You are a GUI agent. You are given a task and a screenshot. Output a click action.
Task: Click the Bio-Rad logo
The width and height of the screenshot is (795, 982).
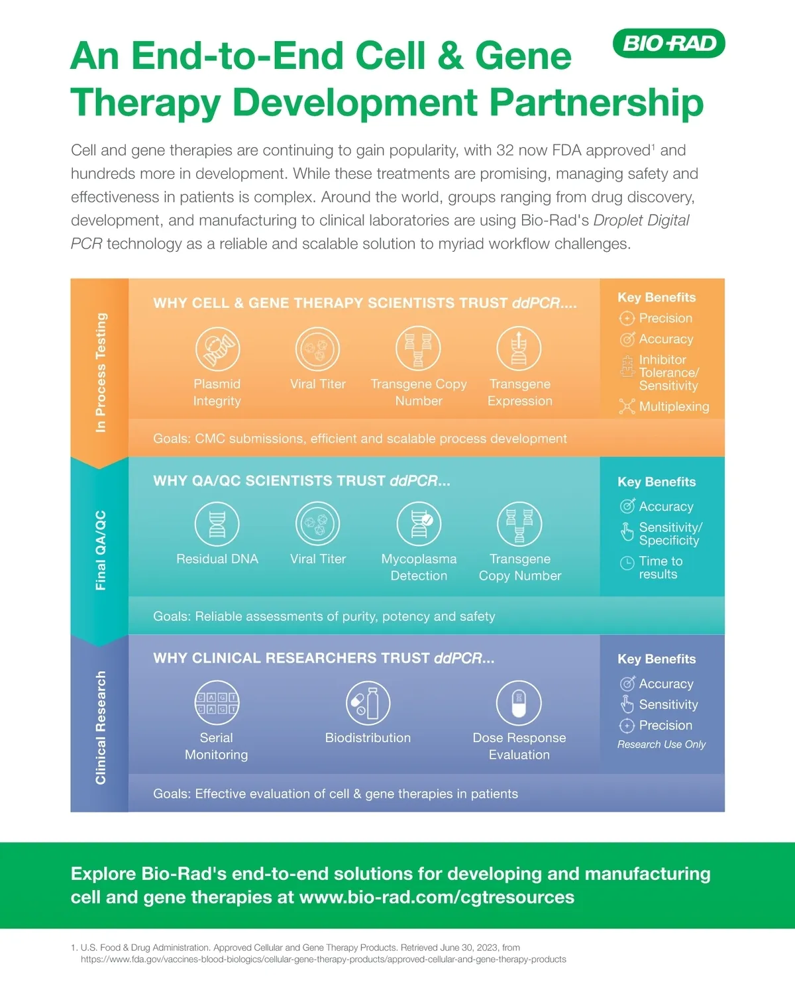[x=669, y=44]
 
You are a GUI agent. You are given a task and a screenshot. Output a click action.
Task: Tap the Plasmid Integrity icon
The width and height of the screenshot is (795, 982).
[x=217, y=349]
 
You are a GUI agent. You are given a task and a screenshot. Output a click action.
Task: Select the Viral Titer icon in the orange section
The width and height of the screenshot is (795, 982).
[x=318, y=349]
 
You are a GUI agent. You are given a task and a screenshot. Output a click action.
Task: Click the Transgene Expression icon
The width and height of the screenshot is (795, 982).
[x=519, y=349]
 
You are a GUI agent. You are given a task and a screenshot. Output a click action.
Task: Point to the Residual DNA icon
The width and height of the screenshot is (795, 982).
[x=217, y=523]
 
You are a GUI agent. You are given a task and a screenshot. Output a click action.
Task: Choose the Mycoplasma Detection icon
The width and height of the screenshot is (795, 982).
[x=419, y=523]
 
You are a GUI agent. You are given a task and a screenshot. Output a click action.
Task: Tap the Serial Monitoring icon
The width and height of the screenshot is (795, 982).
[x=217, y=702]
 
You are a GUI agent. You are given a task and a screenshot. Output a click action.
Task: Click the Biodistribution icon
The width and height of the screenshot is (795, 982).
[x=368, y=702]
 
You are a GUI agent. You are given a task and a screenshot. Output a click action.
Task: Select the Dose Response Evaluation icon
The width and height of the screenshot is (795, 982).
[x=519, y=702]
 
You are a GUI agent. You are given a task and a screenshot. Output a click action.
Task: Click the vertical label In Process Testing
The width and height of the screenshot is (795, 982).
[x=101, y=372]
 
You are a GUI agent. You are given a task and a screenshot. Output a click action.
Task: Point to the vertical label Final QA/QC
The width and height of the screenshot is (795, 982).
[x=101, y=550]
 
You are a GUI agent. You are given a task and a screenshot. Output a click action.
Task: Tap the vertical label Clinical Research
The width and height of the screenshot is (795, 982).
[x=101, y=728]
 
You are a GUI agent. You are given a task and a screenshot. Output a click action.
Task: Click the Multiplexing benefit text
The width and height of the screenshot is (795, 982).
[x=674, y=407]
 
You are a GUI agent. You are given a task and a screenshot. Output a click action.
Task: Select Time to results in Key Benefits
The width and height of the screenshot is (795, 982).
[x=661, y=568]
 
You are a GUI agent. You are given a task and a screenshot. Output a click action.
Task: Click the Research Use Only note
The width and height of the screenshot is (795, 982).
[x=661, y=745]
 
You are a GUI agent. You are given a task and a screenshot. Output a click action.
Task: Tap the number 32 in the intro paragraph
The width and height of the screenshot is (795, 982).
[x=505, y=150]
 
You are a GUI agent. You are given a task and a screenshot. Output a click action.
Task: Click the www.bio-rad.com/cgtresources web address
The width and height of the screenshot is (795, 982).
[x=437, y=897]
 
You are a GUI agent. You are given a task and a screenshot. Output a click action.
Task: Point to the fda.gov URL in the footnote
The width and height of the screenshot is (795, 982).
[x=323, y=959]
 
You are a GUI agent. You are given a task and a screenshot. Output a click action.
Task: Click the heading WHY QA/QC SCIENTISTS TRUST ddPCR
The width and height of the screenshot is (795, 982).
[x=301, y=481]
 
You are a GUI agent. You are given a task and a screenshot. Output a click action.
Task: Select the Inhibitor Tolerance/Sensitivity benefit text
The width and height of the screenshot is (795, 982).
[x=668, y=372]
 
